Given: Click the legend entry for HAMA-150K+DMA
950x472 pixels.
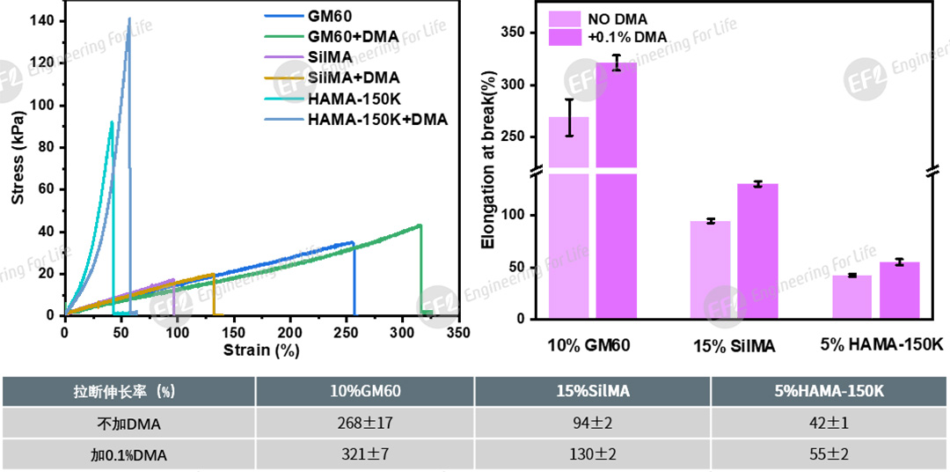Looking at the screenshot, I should click(377, 118).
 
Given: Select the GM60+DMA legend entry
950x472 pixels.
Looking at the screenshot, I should click(352, 36).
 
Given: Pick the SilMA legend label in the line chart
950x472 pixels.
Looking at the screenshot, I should click(329, 56).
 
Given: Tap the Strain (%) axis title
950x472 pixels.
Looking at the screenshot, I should click(261, 350).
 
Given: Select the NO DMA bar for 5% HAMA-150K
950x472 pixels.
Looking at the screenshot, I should click(851, 297).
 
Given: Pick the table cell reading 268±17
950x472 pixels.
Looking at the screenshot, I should click(365, 424).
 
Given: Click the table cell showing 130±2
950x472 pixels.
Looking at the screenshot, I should click(592, 455).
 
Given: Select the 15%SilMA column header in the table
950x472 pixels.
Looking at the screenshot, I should click(592, 391).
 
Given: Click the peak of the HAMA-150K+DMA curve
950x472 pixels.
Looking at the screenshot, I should click(129, 18).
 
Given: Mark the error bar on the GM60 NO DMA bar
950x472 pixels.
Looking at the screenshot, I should click(569, 117).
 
